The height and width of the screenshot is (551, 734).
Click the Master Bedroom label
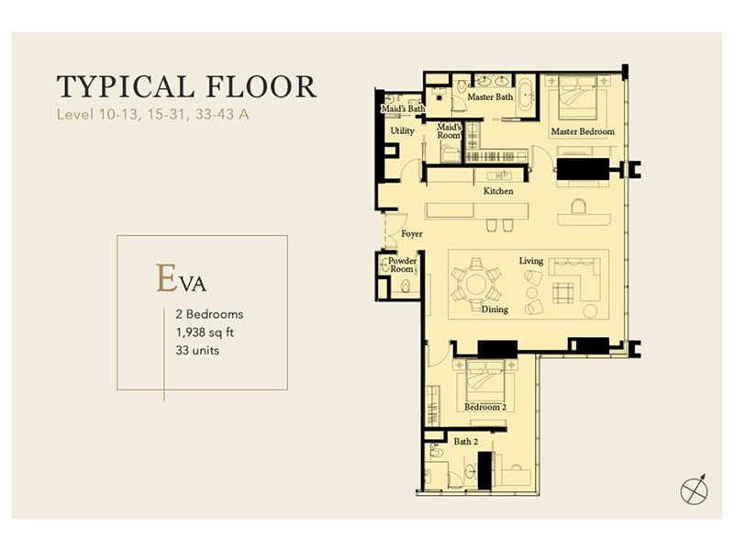pos(583,131)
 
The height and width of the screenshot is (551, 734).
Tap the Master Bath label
pos(490,97)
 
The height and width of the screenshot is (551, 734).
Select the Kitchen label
pos(498,191)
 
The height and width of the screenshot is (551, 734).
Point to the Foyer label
pos(412,234)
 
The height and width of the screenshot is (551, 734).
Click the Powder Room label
pos(402,264)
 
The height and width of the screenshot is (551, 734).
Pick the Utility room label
pos(403,131)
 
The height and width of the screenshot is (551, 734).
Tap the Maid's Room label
pos(449,131)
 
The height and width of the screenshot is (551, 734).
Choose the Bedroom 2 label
pos(485,407)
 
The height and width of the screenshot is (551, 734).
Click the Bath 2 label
pos(466,442)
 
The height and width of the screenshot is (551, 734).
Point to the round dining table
pos(476,285)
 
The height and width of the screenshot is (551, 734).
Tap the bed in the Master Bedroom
pos(578,97)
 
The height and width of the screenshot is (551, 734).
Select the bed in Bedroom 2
pos(485,379)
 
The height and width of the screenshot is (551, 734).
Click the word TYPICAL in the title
pos(125,86)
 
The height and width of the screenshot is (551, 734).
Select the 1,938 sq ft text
pos(205,332)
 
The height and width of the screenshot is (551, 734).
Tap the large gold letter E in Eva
pos(167,277)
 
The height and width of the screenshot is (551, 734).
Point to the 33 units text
pos(197,351)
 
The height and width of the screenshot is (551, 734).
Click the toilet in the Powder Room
pos(406,286)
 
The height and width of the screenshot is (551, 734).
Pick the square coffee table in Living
pos(562,293)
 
